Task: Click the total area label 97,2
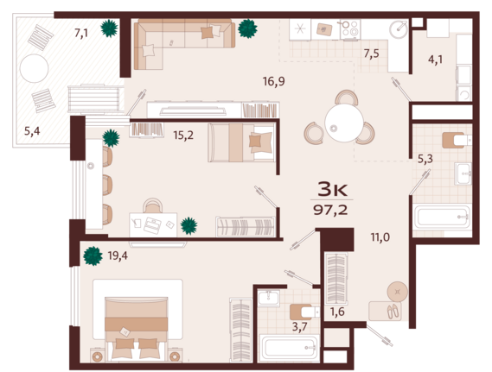330,210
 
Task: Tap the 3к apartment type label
332,189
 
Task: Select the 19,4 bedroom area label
118,255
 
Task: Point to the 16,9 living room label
274,81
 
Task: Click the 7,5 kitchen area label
371,54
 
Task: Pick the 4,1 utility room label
435,60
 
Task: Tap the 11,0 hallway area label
380,237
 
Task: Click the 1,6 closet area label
337,312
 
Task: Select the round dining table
344,123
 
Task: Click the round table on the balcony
35,68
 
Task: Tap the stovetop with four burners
350,28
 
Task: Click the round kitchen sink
399,29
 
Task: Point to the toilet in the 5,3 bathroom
457,141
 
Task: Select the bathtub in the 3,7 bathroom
290,347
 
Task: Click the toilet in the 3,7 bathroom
304,312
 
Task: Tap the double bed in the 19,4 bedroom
136,328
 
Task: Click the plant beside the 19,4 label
93,256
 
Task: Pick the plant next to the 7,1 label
109,28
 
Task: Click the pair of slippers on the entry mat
393,312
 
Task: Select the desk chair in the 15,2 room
152,205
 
